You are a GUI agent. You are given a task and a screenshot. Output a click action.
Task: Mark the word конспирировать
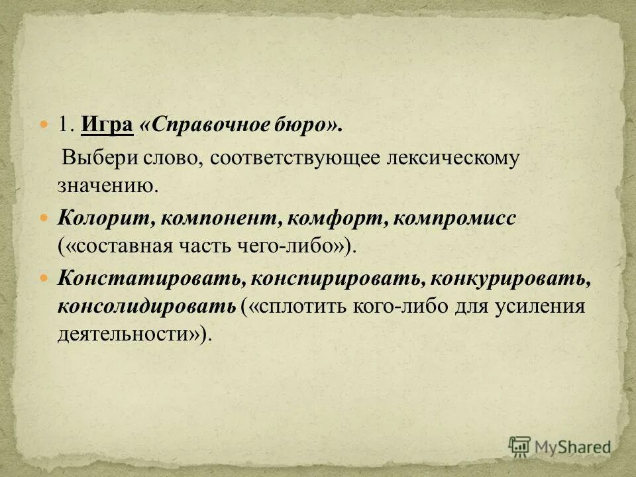click(333, 279)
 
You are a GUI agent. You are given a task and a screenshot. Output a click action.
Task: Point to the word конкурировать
click(510, 279)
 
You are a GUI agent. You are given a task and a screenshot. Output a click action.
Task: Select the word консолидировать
click(146, 307)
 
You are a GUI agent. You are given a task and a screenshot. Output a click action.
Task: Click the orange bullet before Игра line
click(44, 125)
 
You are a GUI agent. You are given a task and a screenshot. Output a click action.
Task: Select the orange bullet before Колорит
click(44, 218)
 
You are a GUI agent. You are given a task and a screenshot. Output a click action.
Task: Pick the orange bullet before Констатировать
click(44, 278)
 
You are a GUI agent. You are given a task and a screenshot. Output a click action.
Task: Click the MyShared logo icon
click(520, 447)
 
